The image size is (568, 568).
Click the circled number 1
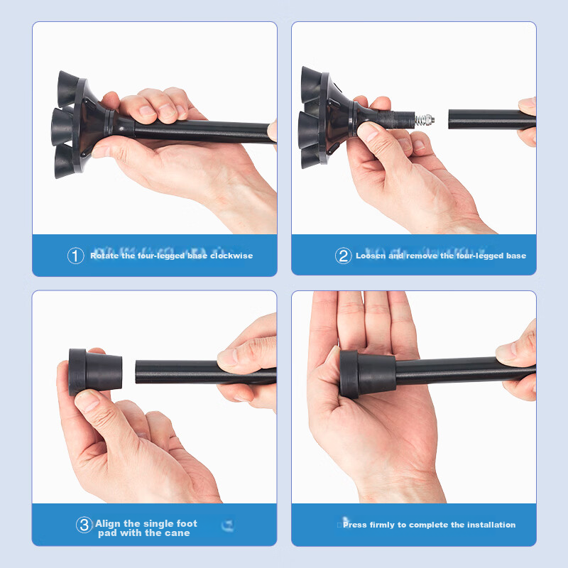(x=76, y=256)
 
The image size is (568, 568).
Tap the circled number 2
(x=343, y=256)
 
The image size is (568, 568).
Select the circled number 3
(x=84, y=525)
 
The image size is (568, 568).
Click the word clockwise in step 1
(x=231, y=256)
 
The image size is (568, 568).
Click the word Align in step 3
(x=108, y=524)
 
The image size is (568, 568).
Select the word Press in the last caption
(x=354, y=525)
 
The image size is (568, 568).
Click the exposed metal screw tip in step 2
(x=425, y=119)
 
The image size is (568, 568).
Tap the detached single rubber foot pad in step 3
(x=95, y=372)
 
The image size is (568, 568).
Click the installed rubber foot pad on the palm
(x=367, y=374)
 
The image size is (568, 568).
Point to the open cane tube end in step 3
(x=137, y=371)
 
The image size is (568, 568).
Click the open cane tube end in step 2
(x=450, y=119)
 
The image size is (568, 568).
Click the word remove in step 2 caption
(x=422, y=256)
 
